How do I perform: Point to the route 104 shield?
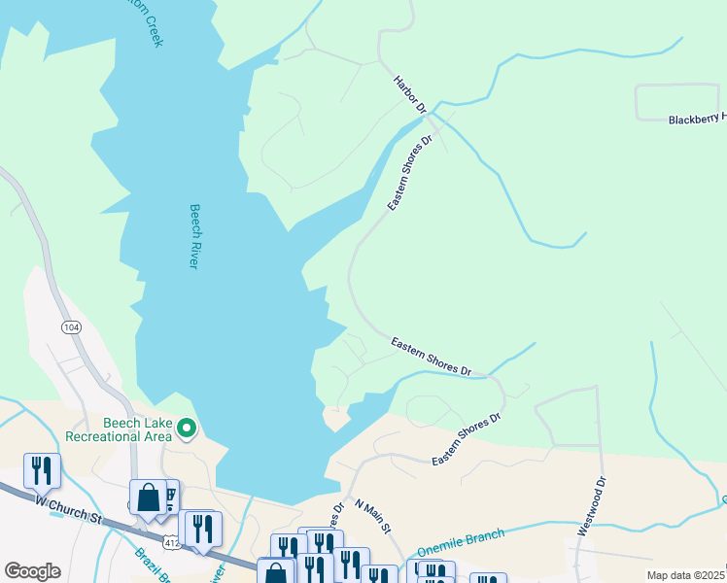click(x=71, y=327)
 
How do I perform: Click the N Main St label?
click(x=372, y=517)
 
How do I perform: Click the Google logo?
click(x=32, y=571)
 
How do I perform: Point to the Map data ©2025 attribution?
click(x=686, y=575)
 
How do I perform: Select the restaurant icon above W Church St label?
click(x=42, y=471)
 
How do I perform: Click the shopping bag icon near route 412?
click(x=148, y=497)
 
